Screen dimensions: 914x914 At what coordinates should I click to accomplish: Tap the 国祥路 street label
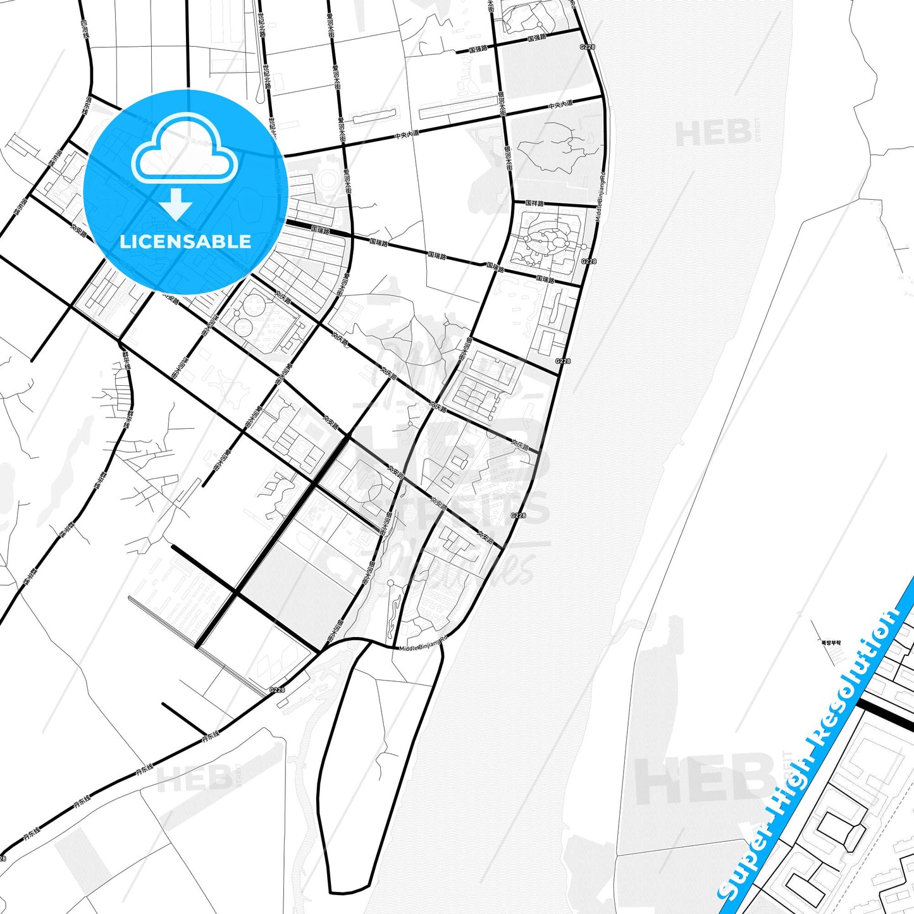click(534, 203)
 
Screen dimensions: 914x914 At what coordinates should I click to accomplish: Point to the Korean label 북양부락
click(831, 643)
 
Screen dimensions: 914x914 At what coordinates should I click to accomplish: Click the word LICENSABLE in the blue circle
click(185, 242)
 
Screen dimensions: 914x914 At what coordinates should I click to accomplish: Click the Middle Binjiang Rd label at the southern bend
click(423, 644)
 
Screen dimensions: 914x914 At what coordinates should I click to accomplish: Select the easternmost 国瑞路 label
click(545, 279)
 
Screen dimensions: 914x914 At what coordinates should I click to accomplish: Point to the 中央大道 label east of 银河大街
click(560, 105)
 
